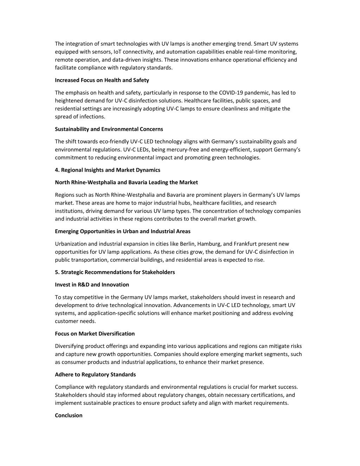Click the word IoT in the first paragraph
pyautogui.click(x=117, y=52)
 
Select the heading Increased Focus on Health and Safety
pyautogui.click(x=102, y=80)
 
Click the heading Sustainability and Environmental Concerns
pyautogui.click(x=109, y=129)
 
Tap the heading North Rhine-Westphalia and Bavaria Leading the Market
pyautogui.click(x=126, y=182)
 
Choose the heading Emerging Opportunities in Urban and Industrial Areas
pyautogui.click(x=123, y=231)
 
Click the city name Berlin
pyautogui.click(x=187, y=244)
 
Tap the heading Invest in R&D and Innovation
pyautogui.click(x=92, y=285)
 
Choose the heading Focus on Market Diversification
pyautogui.click(x=95, y=333)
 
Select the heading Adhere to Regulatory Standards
pyautogui.click(x=95, y=374)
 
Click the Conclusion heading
pyautogui.click(x=69, y=415)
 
